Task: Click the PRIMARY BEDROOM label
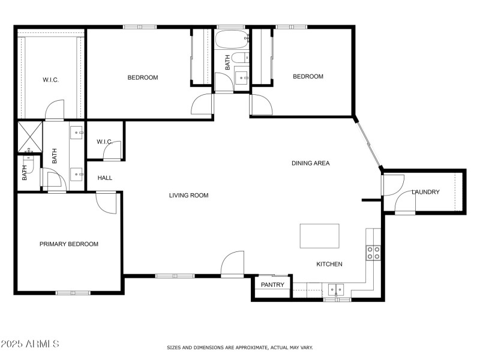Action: pyautogui.click(x=69, y=244)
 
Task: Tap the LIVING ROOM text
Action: pyautogui.click(x=188, y=195)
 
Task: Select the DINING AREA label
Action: pyautogui.click(x=310, y=163)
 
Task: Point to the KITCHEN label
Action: pyautogui.click(x=329, y=264)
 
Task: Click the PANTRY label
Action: pyautogui.click(x=272, y=285)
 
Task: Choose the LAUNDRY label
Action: pyautogui.click(x=425, y=192)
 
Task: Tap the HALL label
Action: pyautogui.click(x=104, y=178)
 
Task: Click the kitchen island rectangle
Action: pyautogui.click(x=319, y=236)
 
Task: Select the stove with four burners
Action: pyautogui.click(x=373, y=253)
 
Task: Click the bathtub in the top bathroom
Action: pyautogui.click(x=232, y=41)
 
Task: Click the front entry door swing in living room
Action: pyautogui.click(x=233, y=264)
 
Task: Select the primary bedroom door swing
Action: pyautogui.click(x=107, y=203)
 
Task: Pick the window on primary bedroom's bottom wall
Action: pyautogui.click(x=73, y=293)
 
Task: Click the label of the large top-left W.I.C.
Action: pyautogui.click(x=50, y=80)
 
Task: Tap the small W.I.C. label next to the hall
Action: pyautogui.click(x=105, y=142)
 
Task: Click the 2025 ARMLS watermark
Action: pyautogui.click(x=30, y=344)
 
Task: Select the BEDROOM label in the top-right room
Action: pyautogui.click(x=308, y=76)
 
